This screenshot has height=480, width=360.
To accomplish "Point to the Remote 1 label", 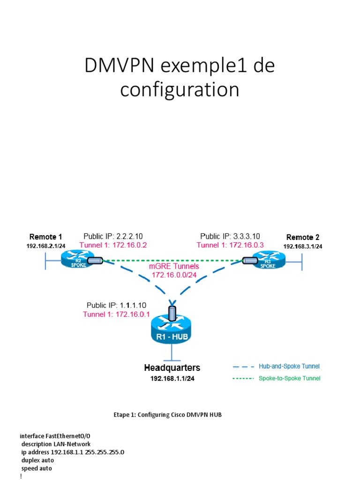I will pos(45,237).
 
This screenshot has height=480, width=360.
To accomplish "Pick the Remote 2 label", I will pos(303,237).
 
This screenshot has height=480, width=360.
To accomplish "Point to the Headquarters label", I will pos(172,368).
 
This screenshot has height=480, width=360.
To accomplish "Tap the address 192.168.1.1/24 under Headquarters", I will pos(172,379).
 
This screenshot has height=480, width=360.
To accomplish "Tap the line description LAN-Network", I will pos(56,444).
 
